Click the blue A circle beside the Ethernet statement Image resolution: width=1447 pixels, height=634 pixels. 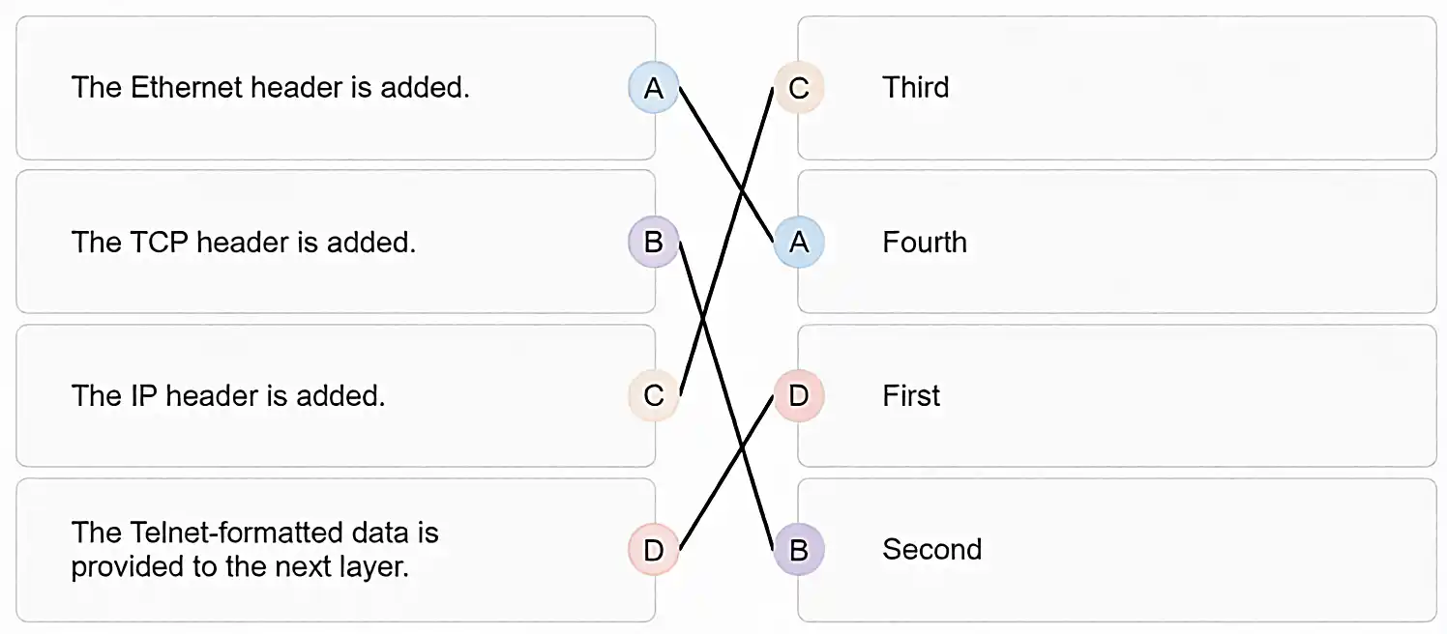point(653,87)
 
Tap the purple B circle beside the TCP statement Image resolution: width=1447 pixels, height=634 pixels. point(653,243)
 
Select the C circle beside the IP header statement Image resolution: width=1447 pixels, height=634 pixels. point(653,395)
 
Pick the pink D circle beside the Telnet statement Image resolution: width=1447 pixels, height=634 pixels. point(653,549)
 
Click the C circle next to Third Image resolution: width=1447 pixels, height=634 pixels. point(799,87)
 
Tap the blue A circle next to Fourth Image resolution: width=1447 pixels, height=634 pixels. point(799,243)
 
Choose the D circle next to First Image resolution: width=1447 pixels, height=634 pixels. point(799,395)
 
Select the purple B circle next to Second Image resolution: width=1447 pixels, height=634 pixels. point(799,549)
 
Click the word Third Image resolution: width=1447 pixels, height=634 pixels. point(915,87)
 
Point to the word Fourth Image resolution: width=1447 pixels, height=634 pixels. point(925,243)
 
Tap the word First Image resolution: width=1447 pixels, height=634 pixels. point(911,395)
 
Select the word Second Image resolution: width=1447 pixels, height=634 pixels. point(931,549)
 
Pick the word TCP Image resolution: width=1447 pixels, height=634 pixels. point(160,243)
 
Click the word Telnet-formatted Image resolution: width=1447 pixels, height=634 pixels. point(236,533)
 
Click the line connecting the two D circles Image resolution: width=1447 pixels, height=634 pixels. point(726,473)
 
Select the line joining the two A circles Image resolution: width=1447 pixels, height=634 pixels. point(726,164)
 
